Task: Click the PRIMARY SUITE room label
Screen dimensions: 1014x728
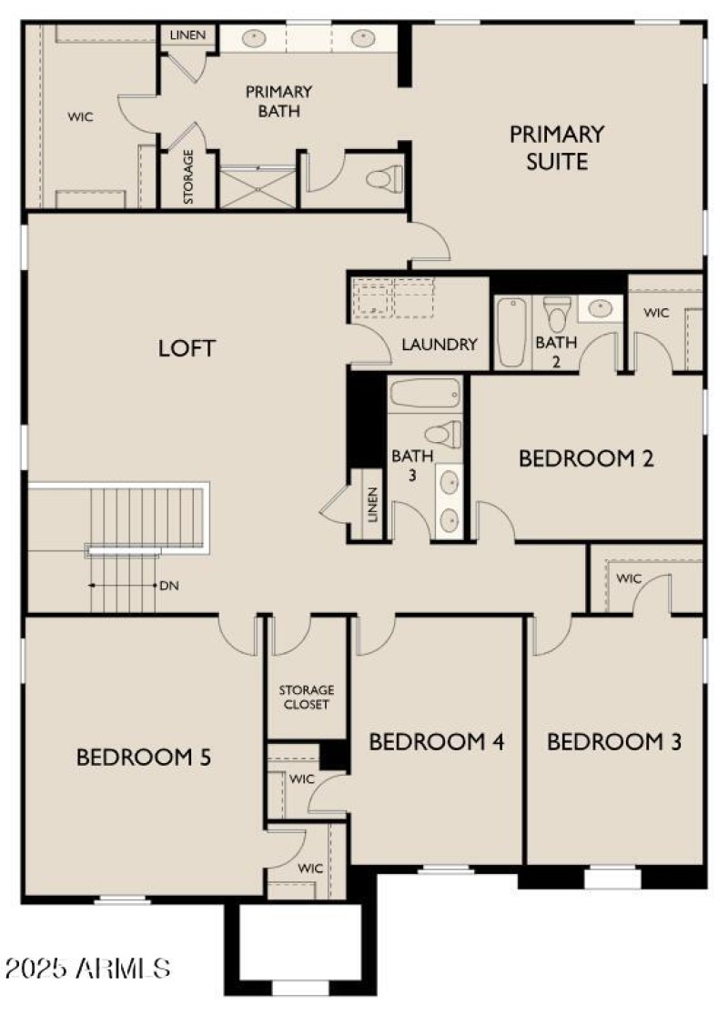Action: coord(556,148)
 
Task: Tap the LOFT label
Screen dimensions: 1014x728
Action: coord(187,347)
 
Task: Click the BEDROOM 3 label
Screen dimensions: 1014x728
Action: coord(614,742)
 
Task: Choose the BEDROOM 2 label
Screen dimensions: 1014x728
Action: coord(586,458)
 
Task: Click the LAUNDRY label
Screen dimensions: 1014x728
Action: coord(440,345)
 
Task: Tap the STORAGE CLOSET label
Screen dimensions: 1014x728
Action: coord(306,698)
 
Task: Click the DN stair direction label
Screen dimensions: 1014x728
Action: coord(169,586)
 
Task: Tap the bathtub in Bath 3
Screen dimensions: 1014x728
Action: coord(426,395)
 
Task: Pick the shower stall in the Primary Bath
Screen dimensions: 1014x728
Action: coord(258,186)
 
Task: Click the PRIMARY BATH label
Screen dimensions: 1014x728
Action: coord(278,102)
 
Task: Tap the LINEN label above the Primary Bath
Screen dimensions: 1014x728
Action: coord(189,36)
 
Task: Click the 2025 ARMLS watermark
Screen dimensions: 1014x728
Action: coord(86,968)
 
